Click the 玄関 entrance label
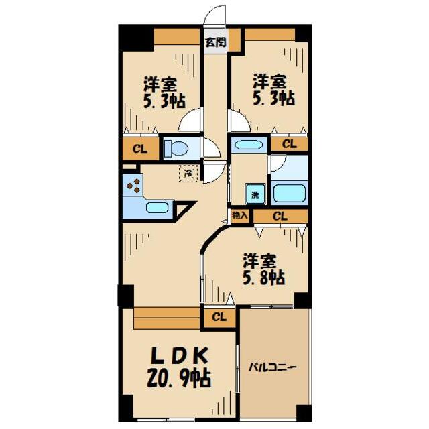pos(215,42)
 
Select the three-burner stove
pos(133,184)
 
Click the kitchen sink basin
pos(157,207)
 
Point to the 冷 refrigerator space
pos(188,174)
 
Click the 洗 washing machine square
pos(255,194)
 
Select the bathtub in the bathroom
pos(289,193)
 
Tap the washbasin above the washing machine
pos(249,145)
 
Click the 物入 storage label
pos(240,216)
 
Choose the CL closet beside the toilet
pos(140,148)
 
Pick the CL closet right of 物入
pos(280,216)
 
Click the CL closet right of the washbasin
pos(289,143)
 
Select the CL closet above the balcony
pos(219,317)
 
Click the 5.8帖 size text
pos(263,277)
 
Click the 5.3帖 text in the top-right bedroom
pos(273,98)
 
